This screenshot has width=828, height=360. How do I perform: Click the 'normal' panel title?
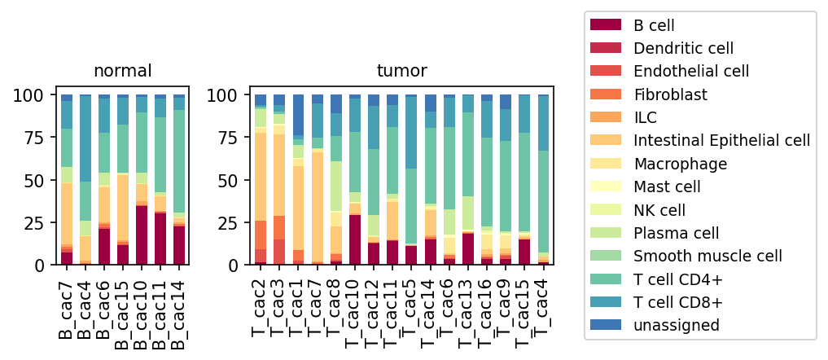coord(122,71)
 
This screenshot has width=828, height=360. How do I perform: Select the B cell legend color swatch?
coord(606,25)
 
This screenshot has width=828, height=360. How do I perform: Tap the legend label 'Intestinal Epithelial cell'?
coord(722,141)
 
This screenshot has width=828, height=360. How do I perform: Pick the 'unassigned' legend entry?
coord(677,325)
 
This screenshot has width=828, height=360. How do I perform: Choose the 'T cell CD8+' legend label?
coord(677,302)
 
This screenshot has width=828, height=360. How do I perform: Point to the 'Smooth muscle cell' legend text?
coord(708,256)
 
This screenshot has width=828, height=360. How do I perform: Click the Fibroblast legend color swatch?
coord(606,94)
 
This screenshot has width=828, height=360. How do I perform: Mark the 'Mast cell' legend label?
coord(668,187)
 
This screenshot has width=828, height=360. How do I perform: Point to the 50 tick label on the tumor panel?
coord(217,180)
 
